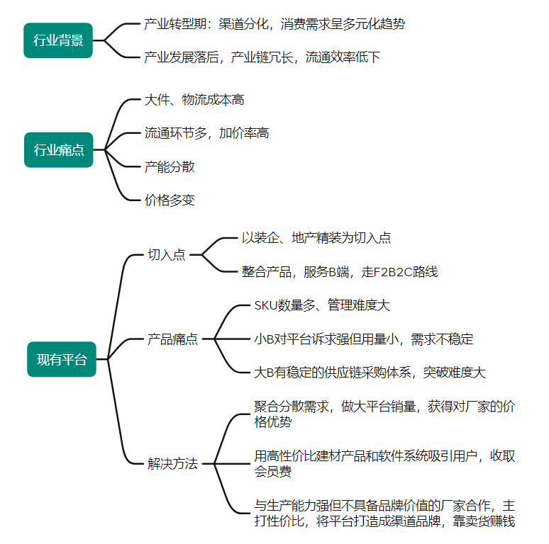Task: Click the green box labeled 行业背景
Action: coord(58,40)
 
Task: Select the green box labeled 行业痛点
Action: coord(58,149)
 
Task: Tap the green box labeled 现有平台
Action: coord(62,359)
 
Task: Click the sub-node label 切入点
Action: coord(166,255)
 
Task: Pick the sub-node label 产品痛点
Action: coord(172,339)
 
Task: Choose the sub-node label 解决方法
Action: coord(172,465)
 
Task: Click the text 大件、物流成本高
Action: coord(194,100)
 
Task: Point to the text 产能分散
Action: coord(170,167)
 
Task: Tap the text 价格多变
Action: coord(170,200)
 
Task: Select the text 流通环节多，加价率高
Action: coord(206,133)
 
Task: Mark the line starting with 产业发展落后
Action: coord(262,57)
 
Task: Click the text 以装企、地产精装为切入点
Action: coord(316,238)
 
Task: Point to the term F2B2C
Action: coord(389,271)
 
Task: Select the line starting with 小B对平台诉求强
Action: coord(363,339)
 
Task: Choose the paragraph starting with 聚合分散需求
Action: coord(384,414)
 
